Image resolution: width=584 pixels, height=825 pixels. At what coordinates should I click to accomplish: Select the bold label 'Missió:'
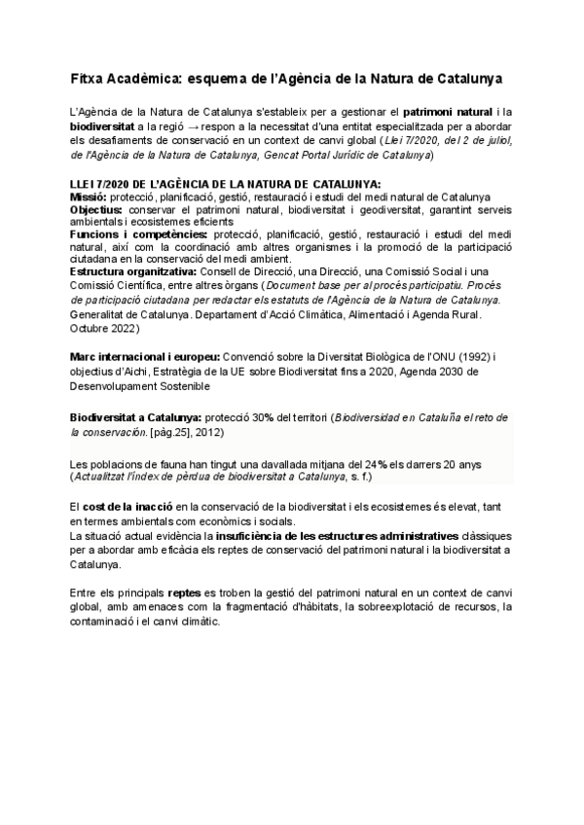pyautogui.click(x=89, y=196)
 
